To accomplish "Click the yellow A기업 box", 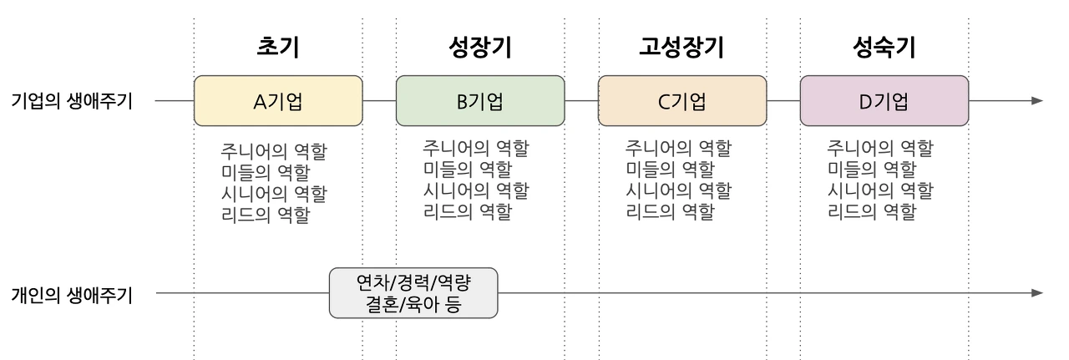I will coord(278,101).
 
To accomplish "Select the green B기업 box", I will coord(480,101).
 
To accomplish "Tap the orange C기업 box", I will coord(682,101).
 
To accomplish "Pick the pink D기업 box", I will coord(884,101).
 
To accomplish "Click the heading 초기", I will coord(277,48).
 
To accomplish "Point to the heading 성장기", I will coord(480,48).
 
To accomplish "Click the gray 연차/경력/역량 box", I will coord(413,292).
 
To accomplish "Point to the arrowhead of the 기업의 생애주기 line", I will coord(1037,101).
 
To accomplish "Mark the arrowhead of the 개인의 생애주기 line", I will coord(1037,293).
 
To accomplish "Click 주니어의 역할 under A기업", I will coord(273,152).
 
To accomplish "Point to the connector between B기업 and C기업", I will coord(581,101).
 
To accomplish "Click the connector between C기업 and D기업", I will coord(783,101).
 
